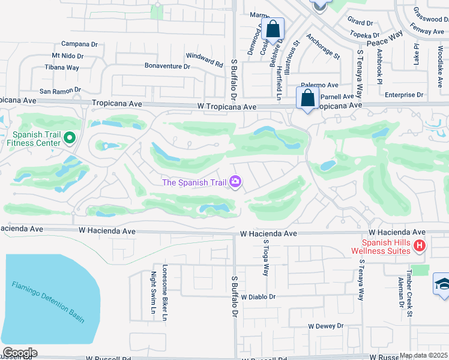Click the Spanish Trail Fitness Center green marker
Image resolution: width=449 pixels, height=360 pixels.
[x=70, y=139]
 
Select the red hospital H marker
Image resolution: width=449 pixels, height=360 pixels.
[x=420, y=245]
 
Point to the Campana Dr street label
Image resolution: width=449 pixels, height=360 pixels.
[x=79, y=44]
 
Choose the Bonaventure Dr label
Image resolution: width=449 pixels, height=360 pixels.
[x=167, y=66]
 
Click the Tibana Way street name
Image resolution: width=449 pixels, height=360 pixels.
[x=62, y=68]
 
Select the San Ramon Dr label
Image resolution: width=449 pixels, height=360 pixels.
[x=60, y=91]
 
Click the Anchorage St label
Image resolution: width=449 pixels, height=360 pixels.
[x=323, y=46]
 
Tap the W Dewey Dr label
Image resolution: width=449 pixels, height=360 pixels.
[x=325, y=326]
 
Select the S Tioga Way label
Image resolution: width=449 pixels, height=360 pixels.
[x=265, y=257]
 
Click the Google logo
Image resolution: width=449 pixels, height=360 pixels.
[x=19, y=353]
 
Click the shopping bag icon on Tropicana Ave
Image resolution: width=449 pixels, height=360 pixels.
[x=307, y=98]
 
